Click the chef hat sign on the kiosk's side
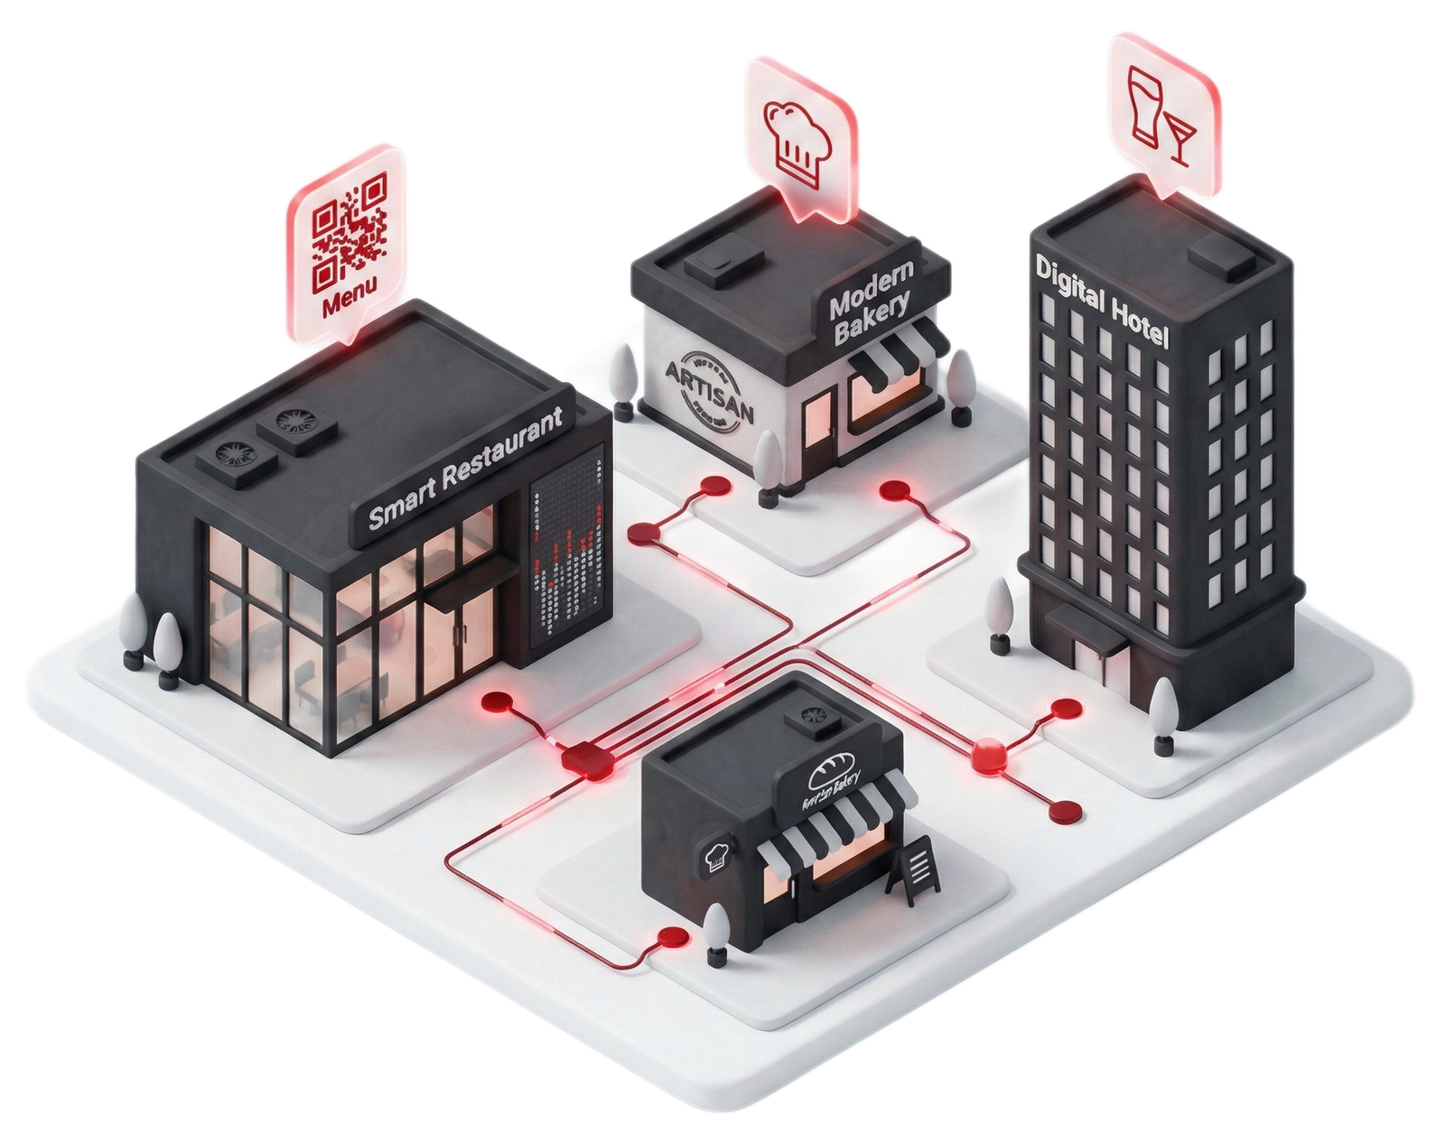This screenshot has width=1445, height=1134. coord(714,855)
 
